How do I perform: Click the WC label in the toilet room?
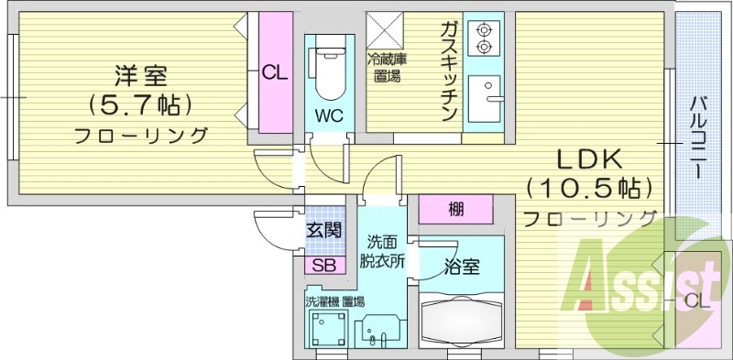tap(329, 115)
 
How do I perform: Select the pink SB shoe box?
tap(325, 266)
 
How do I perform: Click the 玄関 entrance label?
tap(323, 231)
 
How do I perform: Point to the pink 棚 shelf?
tap(455, 209)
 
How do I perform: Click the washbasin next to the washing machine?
tap(377, 331)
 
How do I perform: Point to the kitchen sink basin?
tap(485, 99)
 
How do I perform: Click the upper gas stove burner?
tap(483, 30)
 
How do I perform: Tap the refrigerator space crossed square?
tap(385, 30)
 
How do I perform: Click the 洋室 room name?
tap(141, 76)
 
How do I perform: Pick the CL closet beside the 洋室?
tap(276, 72)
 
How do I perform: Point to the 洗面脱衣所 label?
tap(382, 253)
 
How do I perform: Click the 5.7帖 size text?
tap(141, 106)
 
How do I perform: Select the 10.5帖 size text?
tap(589, 189)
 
